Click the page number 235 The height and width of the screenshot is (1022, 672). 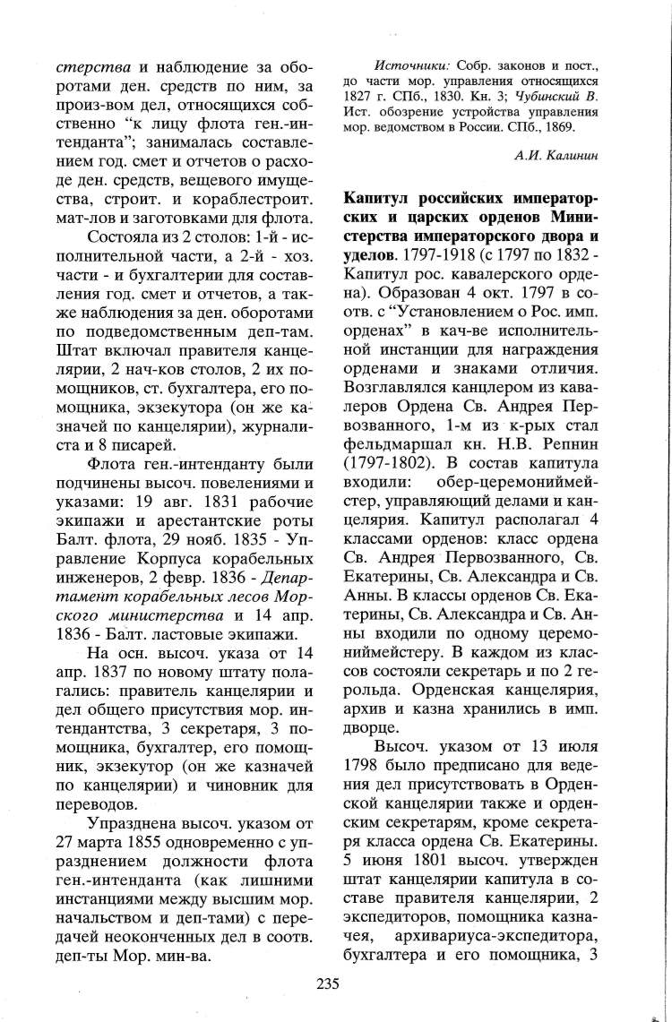[x=327, y=983]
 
